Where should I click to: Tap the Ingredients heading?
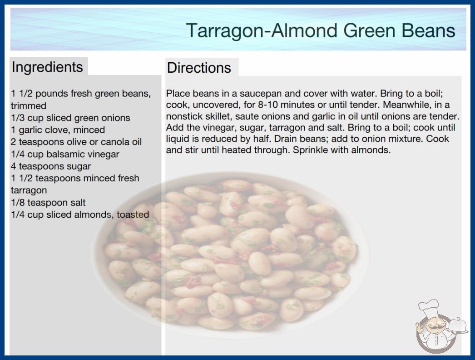click(47, 67)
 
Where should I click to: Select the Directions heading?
click(199, 68)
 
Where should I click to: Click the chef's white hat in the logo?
click(429, 307)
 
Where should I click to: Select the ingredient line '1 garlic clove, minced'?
click(58, 130)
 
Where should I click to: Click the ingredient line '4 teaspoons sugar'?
click(51, 166)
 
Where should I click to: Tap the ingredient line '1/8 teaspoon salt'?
click(48, 202)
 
